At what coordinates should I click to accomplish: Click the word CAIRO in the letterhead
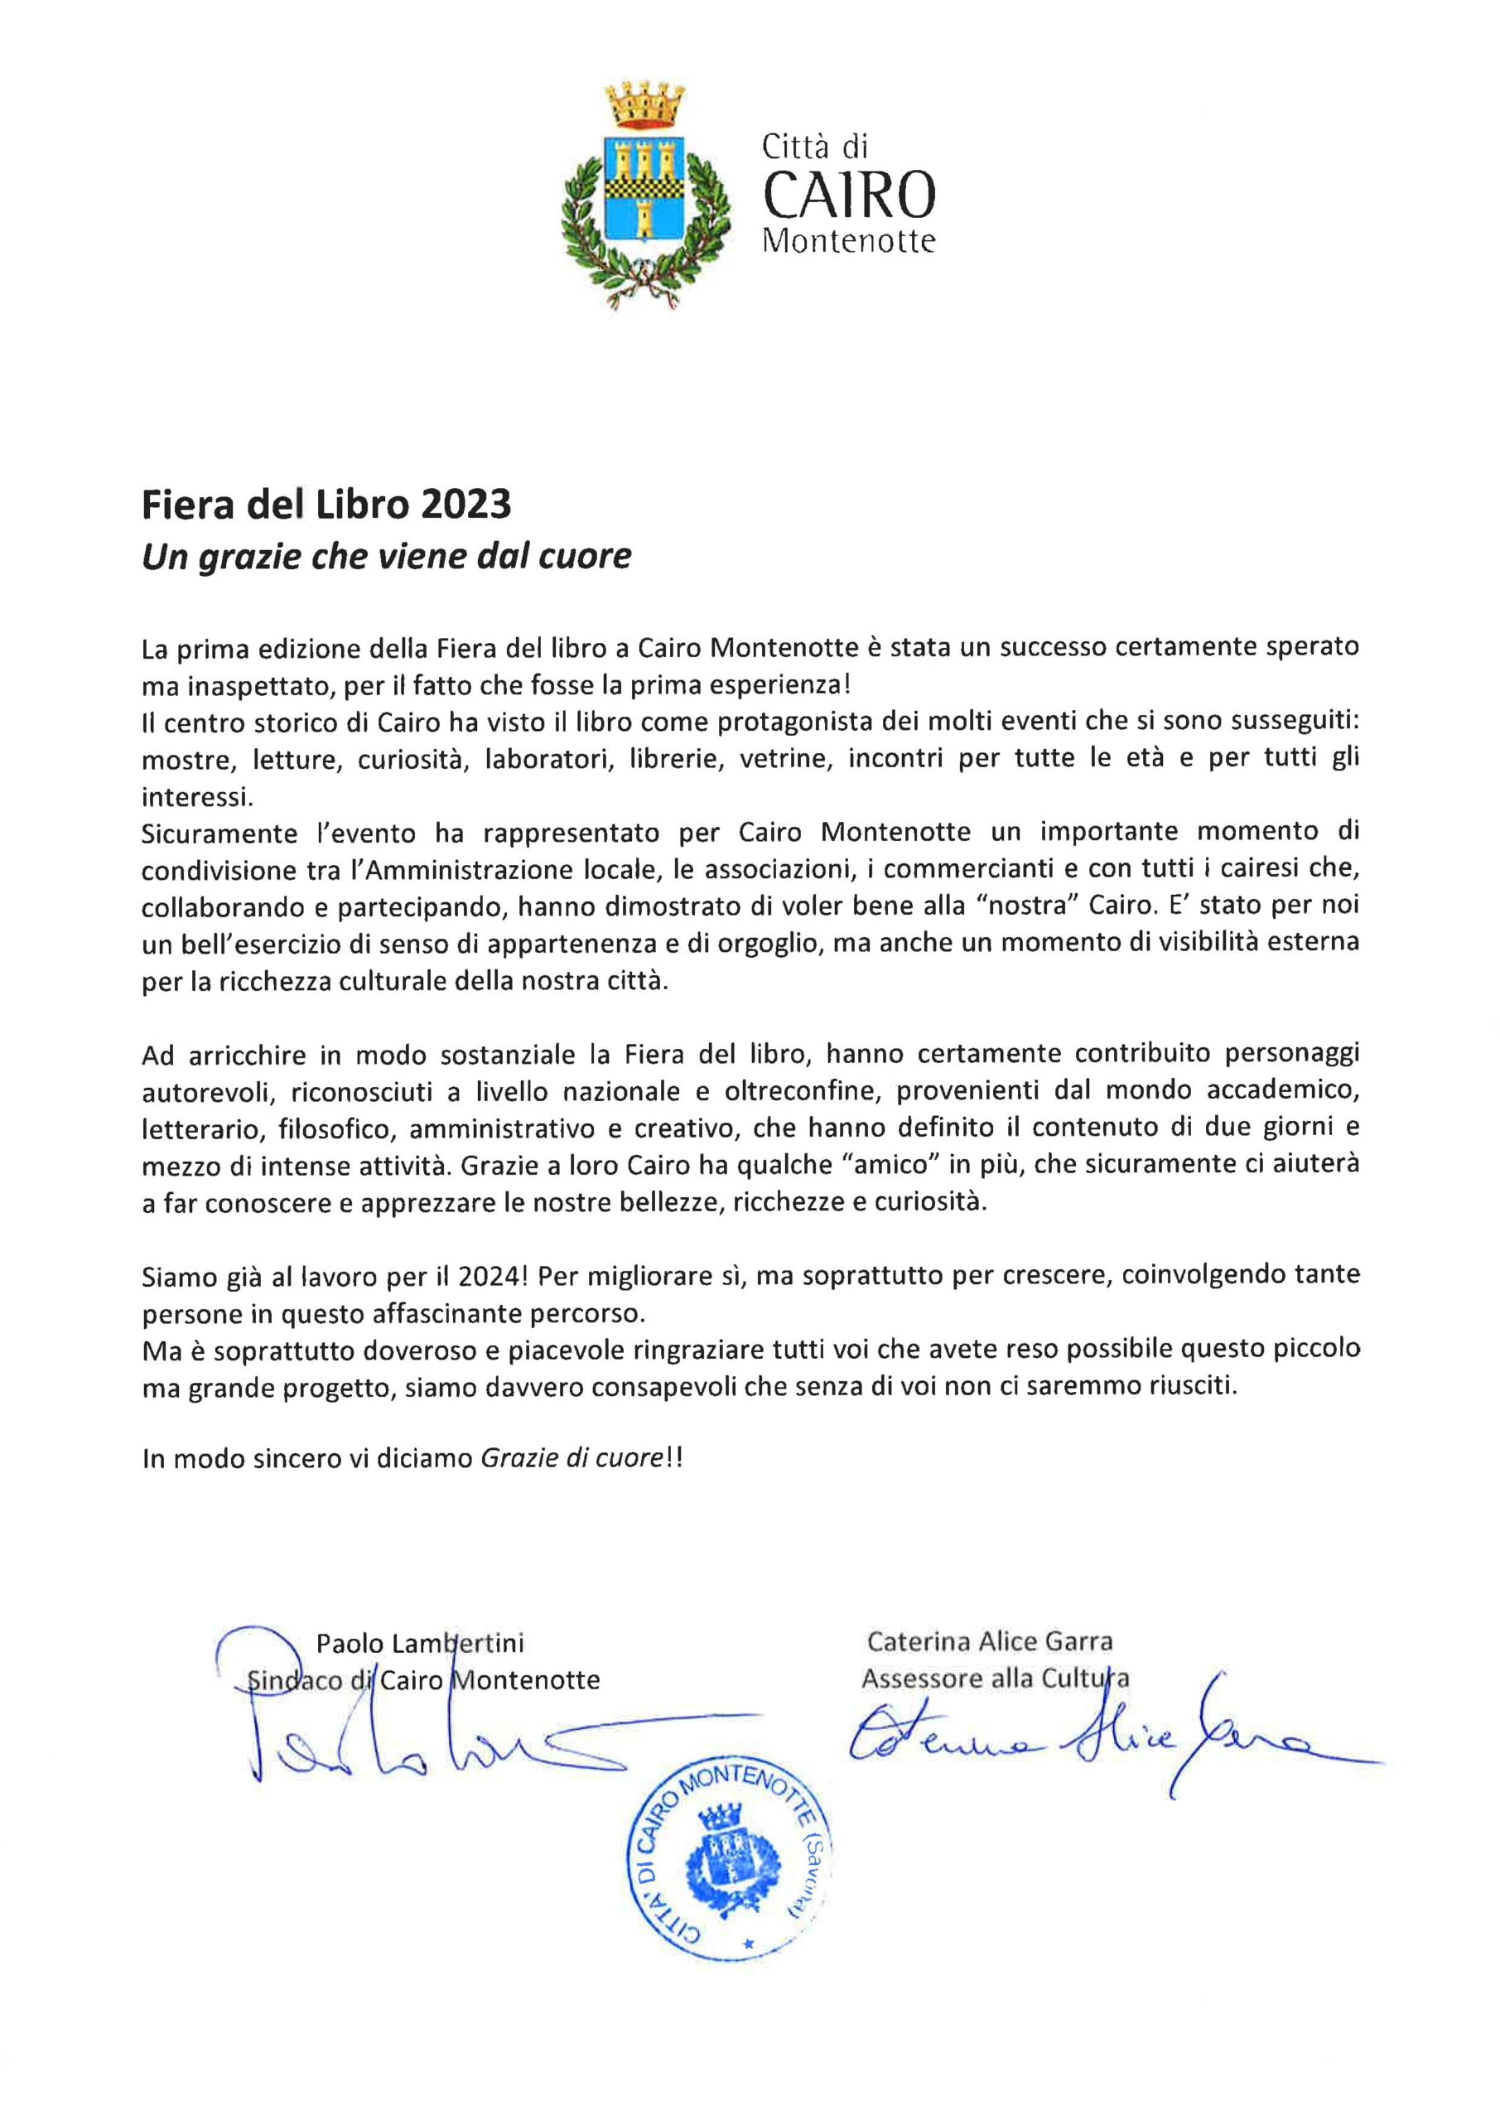[x=848, y=195]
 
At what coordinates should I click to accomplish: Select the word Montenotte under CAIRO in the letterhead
[x=848, y=242]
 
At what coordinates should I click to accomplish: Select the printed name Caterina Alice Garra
[x=989, y=1641]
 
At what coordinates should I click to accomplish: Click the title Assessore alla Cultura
[x=995, y=1679]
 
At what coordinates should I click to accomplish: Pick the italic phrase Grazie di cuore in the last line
[x=572, y=1459]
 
